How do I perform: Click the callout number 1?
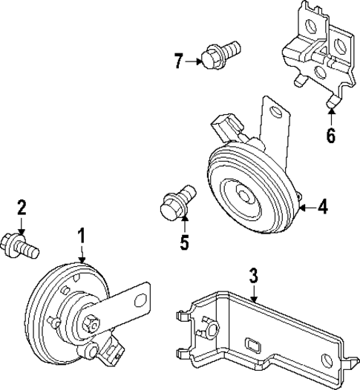coord(82,237)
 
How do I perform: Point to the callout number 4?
coord(322,207)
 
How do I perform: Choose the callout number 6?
coord(330,136)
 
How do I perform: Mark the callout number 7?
coord(178,62)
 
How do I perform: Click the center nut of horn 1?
coord(93,323)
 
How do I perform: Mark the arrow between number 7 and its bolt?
coord(194,62)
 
